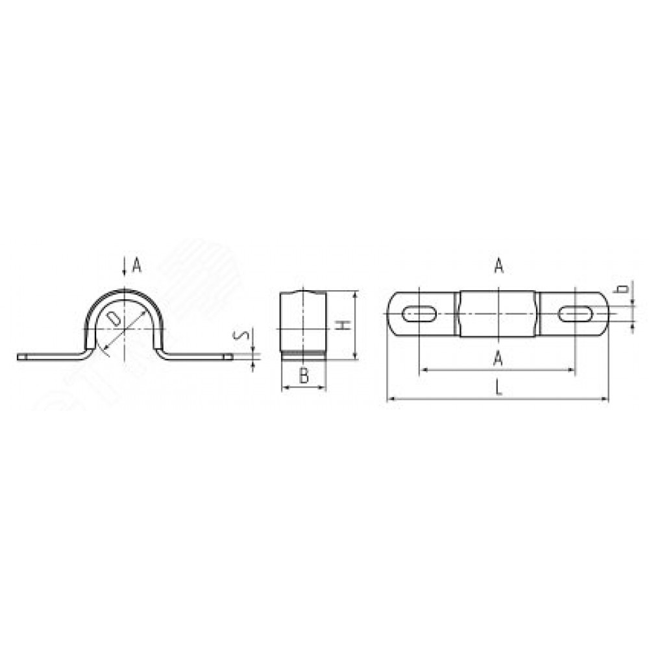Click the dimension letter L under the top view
[x=499, y=388]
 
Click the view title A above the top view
[x=499, y=265]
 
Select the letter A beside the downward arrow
[x=136, y=265]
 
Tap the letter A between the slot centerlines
[x=498, y=358]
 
